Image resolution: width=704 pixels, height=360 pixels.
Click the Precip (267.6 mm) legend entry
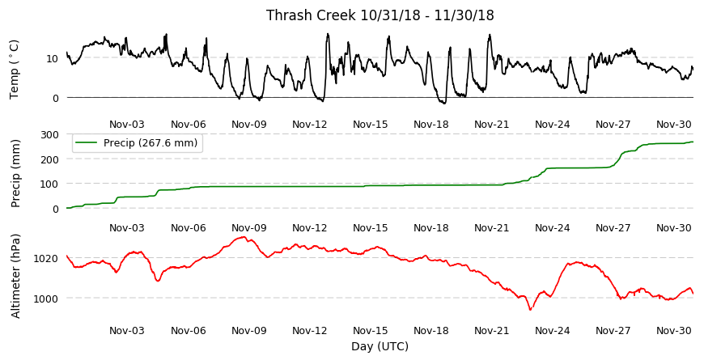click(151, 142)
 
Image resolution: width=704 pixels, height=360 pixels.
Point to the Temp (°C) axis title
click(14, 70)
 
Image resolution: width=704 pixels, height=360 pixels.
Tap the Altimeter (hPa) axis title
click(15, 276)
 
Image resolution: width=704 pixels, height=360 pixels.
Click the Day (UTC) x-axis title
click(380, 346)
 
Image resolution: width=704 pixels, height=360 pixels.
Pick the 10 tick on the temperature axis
click(52, 58)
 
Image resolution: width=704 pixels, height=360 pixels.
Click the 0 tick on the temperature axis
click(56, 98)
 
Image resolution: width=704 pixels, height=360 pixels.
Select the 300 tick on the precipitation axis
click(50, 134)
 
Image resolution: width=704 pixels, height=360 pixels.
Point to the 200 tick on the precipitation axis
click(50, 159)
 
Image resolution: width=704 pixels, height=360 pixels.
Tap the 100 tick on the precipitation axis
click(50, 184)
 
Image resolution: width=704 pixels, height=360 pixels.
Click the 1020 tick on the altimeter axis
click(45, 258)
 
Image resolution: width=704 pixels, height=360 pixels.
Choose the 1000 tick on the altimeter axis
click(45, 299)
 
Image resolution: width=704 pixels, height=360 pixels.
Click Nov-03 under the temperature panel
click(127, 125)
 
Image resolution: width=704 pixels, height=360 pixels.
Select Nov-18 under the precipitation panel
click(431, 228)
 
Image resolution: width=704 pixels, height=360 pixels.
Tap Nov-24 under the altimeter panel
click(552, 331)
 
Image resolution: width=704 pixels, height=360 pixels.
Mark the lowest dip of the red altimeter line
click(530, 309)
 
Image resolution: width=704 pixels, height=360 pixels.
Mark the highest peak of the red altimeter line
click(244, 236)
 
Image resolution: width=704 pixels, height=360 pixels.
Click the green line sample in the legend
click(86, 142)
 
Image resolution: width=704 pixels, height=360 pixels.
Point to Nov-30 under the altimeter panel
click(674, 331)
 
